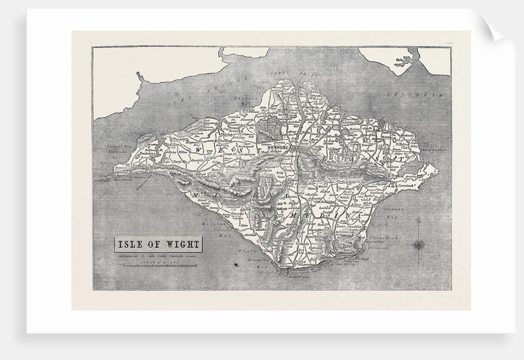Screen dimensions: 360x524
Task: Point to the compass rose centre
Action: click(419, 245)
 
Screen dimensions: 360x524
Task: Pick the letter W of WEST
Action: click(199, 149)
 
